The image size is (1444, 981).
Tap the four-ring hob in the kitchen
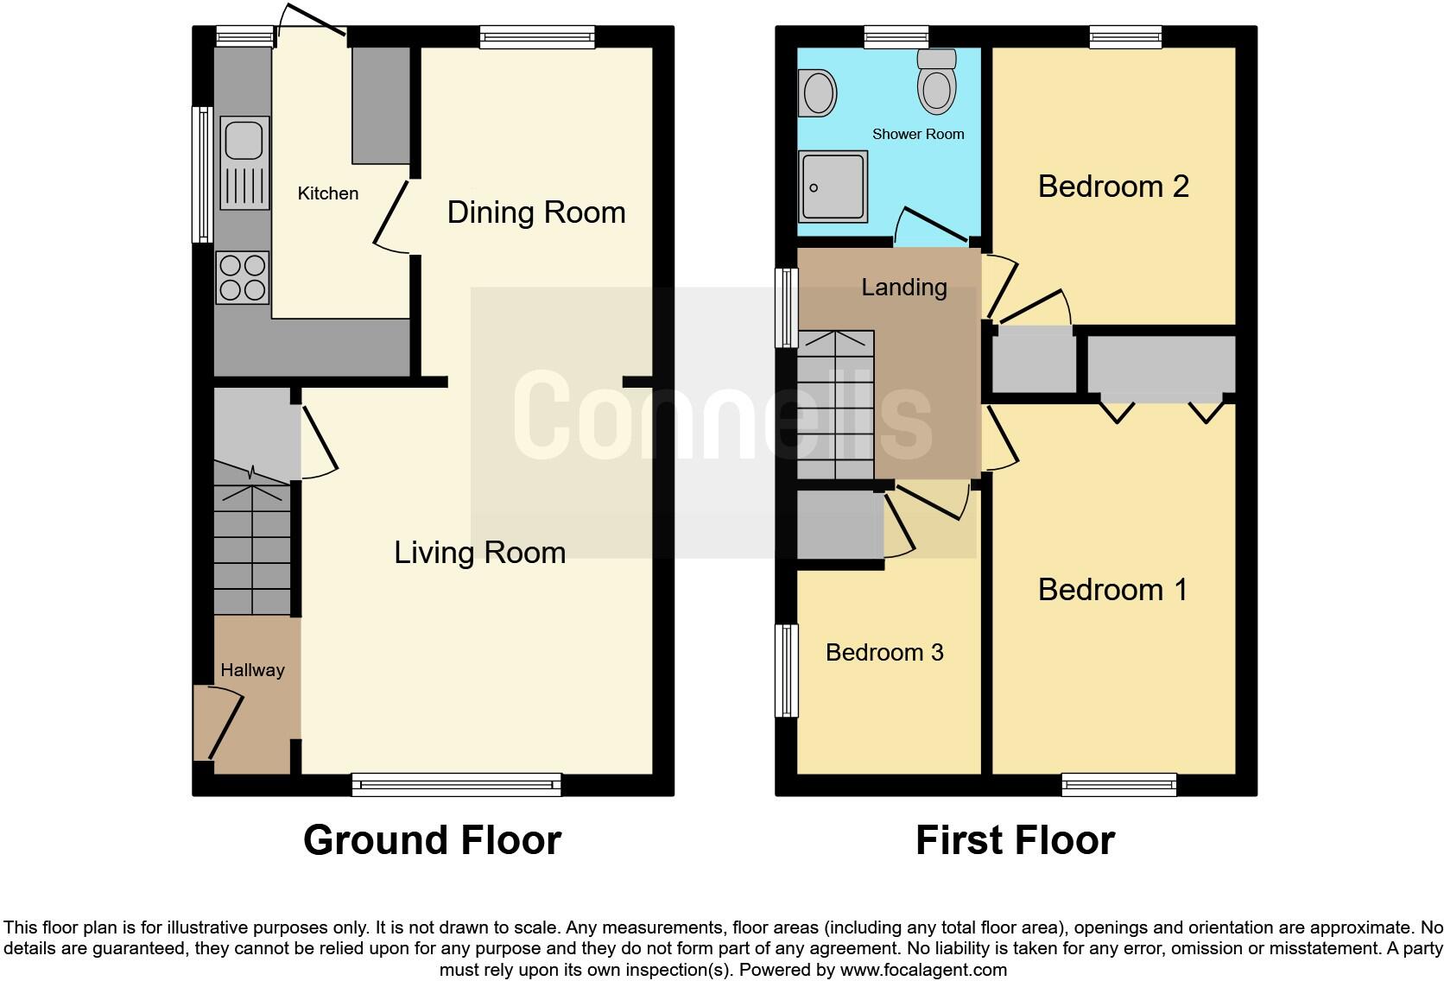pyautogui.click(x=243, y=277)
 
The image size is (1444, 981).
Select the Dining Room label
pyautogui.click(x=535, y=212)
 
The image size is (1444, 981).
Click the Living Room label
pyautogui.click(x=479, y=553)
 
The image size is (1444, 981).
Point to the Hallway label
pyautogui.click(x=252, y=670)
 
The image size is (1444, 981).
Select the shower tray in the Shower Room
pyautogui.click(x=833, y=187)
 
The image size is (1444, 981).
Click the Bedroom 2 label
pyautogui.click(x=1113, y=187)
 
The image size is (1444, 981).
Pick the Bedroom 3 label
pyautogui.click(x=884, y=653)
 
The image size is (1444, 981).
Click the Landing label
pyautogui.click(x=904, y=288)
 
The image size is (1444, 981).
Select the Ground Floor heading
pyautogui.click(x=432, y=840)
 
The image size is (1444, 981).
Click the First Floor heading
pyautogui.click(x=1015, y=840)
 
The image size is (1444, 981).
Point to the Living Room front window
pyautogui.click(x=457, y=784)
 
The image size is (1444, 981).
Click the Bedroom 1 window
pyautogui.click(x=1119, y=784)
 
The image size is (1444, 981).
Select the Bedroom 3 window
pyautogui.click(x=787, y=671)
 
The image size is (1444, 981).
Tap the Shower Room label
pyautogui.click(x=918, y=134)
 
